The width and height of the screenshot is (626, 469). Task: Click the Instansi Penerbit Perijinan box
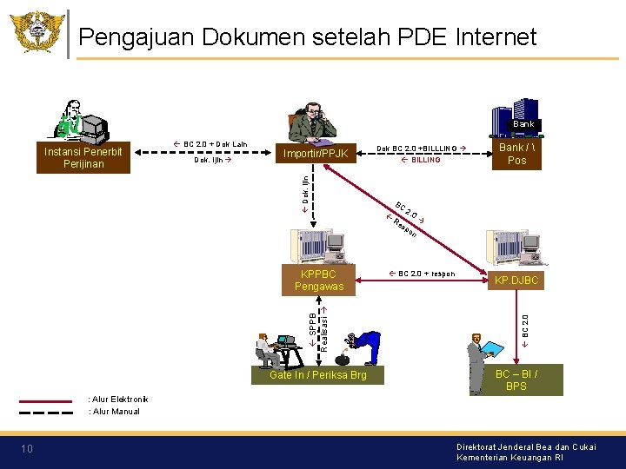coord(83,157)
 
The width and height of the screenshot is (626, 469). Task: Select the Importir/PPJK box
coord(316,154)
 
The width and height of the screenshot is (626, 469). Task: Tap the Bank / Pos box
coord(516,153)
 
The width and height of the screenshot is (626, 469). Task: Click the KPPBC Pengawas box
coord(319,280)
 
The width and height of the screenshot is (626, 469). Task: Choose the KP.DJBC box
coord(516,281)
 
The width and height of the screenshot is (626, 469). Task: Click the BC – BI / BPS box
coord(516,380)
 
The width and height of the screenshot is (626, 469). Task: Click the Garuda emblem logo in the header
coord(37,32)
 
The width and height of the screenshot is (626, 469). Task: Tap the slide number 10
coord(27,448)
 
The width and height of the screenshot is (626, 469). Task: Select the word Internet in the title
coord(494,36)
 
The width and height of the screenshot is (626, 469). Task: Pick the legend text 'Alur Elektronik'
coord(118,400)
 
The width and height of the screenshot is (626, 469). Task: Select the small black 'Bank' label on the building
coord(523,124)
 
